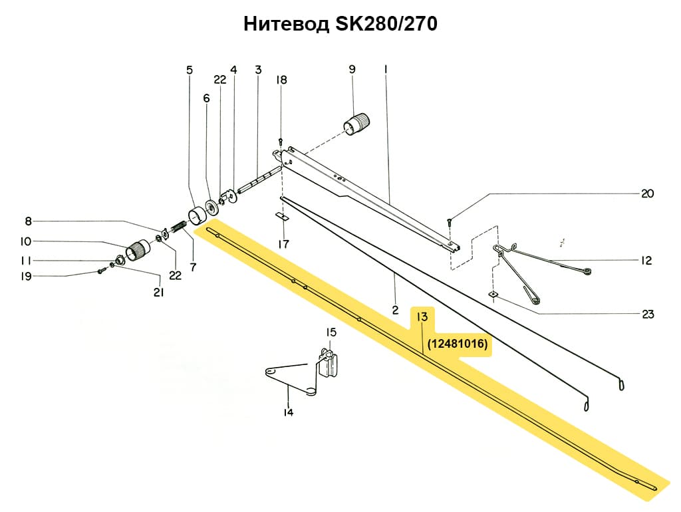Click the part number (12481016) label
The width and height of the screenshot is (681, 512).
pyautogui.click(x=458, y=344)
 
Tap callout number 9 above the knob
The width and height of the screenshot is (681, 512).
pyautogui.click(x=352, y=69)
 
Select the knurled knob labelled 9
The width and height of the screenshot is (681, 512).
pyautogui.click(x=357, y=124)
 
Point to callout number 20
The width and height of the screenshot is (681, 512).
pyautogui.click(x=647, y=194)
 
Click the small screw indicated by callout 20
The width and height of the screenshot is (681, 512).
pyautogui.click(x=449, y=221)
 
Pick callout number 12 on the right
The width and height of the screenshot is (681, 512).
pyautogui.click(x=646, y=261)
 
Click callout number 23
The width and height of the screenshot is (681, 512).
pyautogui.click(x=648, y=314)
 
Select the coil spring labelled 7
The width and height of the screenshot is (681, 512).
pyautogui.click(x=178, y=229)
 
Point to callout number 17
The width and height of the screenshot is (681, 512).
pyautogui.click(x=283, y=244)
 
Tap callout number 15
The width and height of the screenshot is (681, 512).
pyautogui.click(x=331, y=332)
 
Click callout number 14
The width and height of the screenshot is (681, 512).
pyautogui.click(x=288, y=412)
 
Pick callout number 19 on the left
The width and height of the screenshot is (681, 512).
pyautogui.click(x=25, y=276)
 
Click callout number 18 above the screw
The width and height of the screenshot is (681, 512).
pyautogui.click(x=282, y=80)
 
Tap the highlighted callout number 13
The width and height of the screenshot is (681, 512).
pyautogui.click(x=421, y=317)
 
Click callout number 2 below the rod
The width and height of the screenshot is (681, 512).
pyautogui.click(x=395, y=311)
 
